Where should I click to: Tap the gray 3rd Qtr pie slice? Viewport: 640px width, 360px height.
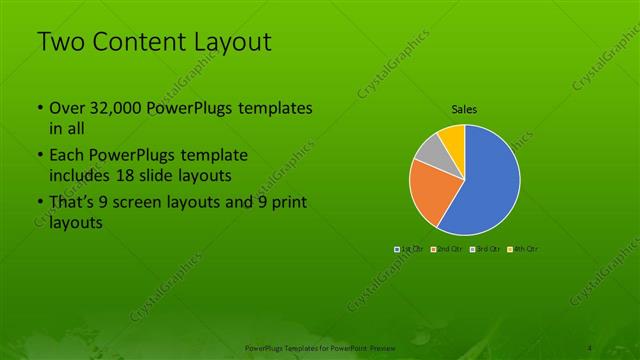click(x=428, y=153)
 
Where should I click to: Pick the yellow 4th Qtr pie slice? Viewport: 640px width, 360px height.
click(x=451, y=136)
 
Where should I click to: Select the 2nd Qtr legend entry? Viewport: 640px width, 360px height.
click(x=445, y=248)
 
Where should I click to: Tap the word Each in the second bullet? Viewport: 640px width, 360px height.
click(x=67, y=156)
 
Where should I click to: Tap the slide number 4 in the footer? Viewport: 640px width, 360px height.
click(x=592, y=347)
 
